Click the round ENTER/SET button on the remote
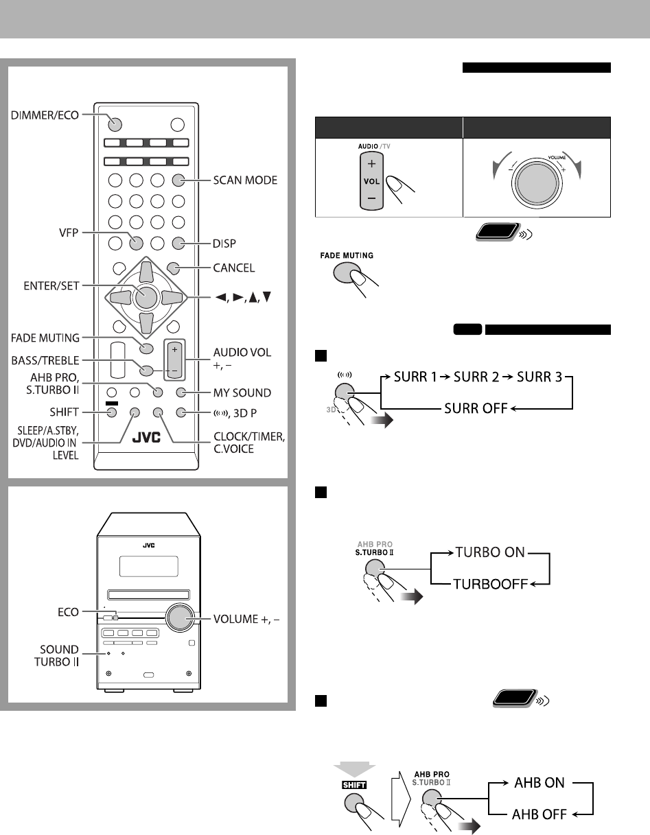click(x=144, y=296)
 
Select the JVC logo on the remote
click(x=147, y=437)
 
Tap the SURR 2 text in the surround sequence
click(x=476, y=380)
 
